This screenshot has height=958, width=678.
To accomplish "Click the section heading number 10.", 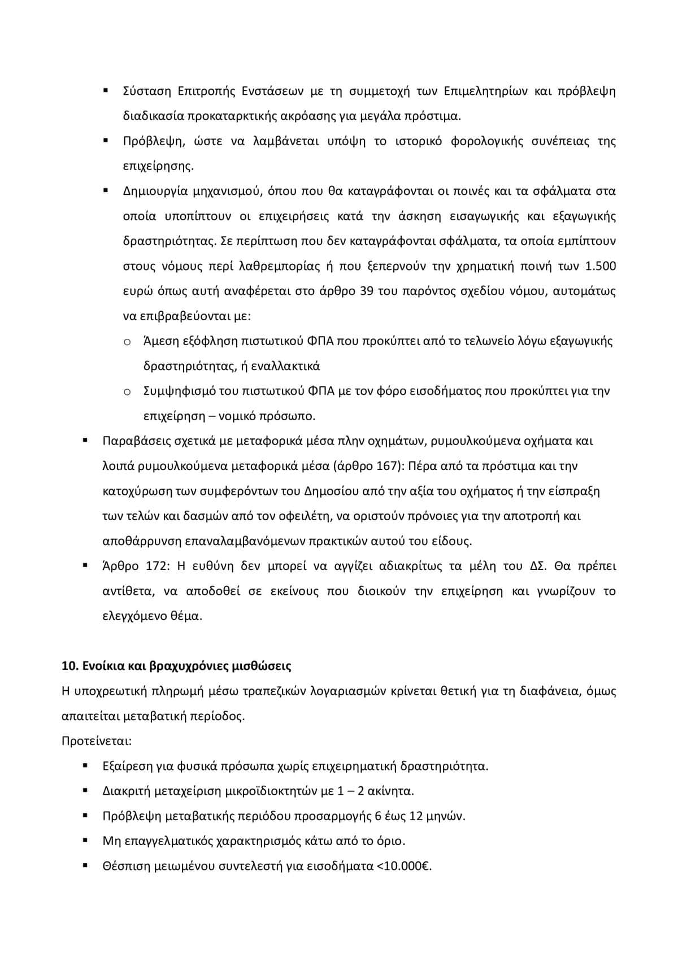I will pos(69,666).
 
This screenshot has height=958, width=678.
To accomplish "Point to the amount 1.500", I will pos(601,266).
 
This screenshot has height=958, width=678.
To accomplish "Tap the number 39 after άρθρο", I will pos(365,291).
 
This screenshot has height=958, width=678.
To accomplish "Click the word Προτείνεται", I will pos(96,741).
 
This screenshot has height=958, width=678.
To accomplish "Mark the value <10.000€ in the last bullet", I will pos(403,865).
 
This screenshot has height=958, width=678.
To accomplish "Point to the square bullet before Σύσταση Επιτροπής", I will pos(106,90).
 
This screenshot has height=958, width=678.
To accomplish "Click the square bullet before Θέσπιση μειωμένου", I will pos(85,865).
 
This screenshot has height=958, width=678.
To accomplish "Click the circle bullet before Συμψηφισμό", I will pos(127,391).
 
